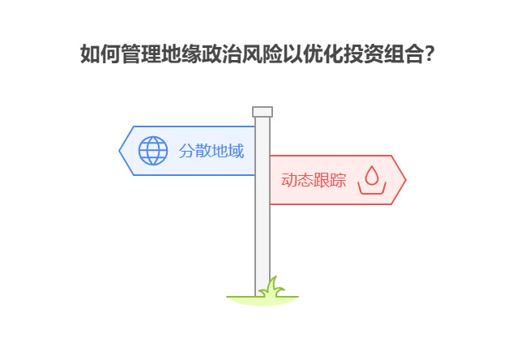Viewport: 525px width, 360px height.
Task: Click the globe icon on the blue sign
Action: click(x=153, y=150)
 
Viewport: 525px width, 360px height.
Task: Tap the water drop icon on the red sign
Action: click(x=372, y=179)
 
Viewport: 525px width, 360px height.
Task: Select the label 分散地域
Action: click(x=211, y=151)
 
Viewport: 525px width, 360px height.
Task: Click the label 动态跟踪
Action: click(x=314, y=180)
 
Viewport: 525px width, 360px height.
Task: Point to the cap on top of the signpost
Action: click(x=262, y=112)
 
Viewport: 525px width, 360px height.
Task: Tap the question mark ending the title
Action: click(x=429, y=55)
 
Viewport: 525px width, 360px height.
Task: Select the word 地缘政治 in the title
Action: click(x=198, y=55)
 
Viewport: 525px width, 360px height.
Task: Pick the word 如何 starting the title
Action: click(x=100, y=55)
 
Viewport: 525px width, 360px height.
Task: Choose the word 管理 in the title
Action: click(x=140, y=55)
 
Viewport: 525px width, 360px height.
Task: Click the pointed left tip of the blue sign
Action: click(x=121, y=150)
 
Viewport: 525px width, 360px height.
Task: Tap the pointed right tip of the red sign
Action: click(x=404, y=180)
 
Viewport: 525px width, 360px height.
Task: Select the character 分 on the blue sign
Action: click(x=186, y=151)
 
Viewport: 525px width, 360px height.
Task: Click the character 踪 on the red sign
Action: click(x=338, y=180)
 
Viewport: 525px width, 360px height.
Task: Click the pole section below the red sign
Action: click(x=262, y=243)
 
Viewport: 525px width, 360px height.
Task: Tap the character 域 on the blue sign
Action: click(x=235, y=151)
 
